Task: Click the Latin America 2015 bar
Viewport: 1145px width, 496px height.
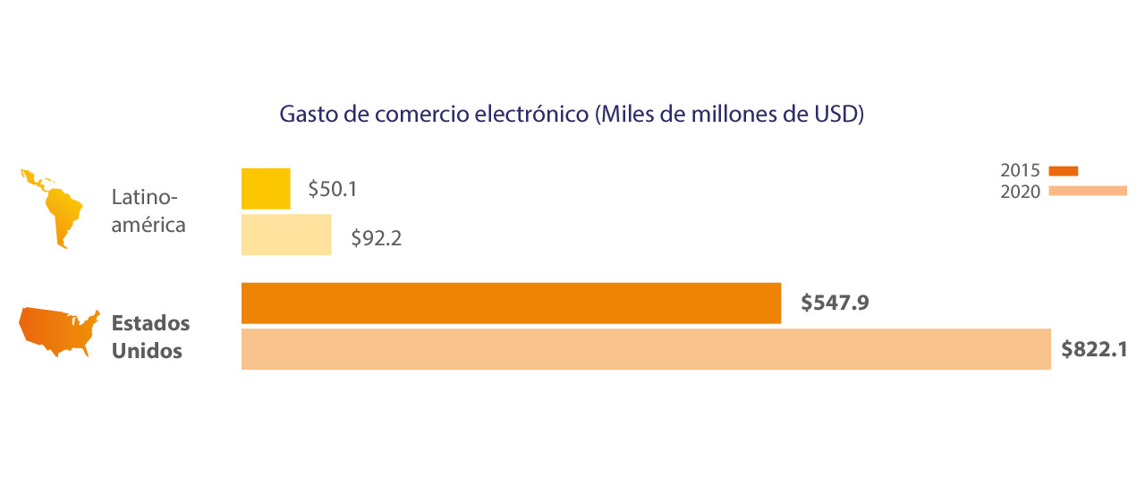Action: click(x=266, y=189)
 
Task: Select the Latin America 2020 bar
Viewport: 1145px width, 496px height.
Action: click(x=286, y=235)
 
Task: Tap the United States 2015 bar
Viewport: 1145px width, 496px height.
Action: click(x=511, y=303)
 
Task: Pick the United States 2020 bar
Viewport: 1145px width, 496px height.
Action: click(x=646, y=349)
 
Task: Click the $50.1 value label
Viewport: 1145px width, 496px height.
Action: click(x=333, y=190)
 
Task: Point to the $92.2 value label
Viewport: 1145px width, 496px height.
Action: click(x=376, y=239)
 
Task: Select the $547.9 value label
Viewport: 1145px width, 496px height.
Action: click(x=835, y=303)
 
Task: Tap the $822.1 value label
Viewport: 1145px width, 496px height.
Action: click(x=1094, y=349)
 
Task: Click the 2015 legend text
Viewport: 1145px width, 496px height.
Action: click(x=1020, y=171)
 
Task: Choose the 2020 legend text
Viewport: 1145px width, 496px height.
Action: click(x=1020, y=192)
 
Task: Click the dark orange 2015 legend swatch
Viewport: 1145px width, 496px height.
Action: click(x=1064, y=171)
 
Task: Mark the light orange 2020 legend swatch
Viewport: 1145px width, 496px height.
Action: click(x=1087, y=191)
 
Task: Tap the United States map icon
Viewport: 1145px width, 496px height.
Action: click(x=59, y=332)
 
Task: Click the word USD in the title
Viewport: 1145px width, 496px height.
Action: click(x=835, y=115)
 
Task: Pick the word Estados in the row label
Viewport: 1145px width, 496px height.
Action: click(x=150, y=322)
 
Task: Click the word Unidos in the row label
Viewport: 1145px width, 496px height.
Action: click(x=147, y=350)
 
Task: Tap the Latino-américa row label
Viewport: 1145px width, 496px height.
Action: click(x=148, y=210)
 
